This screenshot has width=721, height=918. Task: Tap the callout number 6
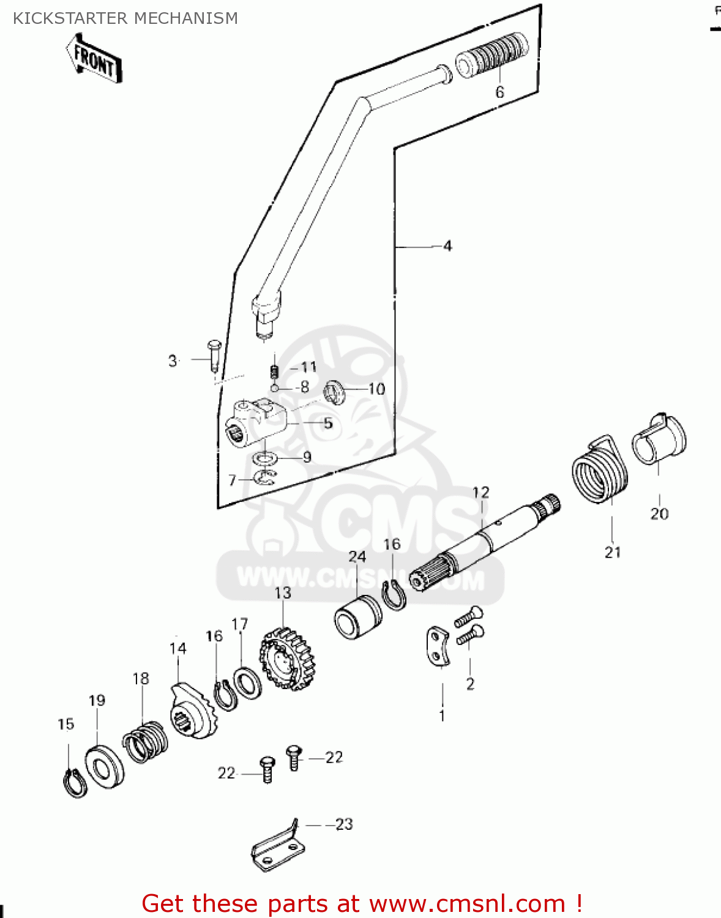pyautogui.click(x=499, y=92)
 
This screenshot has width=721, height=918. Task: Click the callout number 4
pyautogui.click(x=447, y=246)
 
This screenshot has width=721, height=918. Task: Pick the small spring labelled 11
pyautogui.click(x=275, y=371)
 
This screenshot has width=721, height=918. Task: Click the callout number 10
pyautogui.click(x=376, y=389)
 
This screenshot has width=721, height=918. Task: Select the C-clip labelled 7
pyautogui.click(x=266, y=477)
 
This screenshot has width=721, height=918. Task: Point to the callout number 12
pyautogui.click(x=481, y=493)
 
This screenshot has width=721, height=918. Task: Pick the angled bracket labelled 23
pyautogui.click(x=277, y=847)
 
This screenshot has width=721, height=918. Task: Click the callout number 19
pyautogui.click(x=97, y=700)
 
